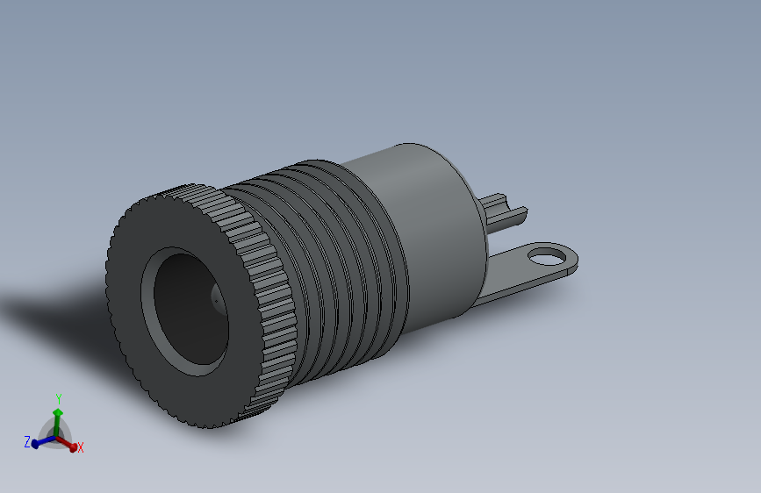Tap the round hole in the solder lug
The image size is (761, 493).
click(x=549, y=256)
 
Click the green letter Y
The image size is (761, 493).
click(x=58, y=397)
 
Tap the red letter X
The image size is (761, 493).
click(x=81, y=447)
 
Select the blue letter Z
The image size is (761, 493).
click(x=27, y=441)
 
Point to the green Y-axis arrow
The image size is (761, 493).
click(x=58, y=416)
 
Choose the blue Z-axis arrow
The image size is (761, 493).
click(x=40, y=442)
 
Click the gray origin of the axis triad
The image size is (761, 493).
click(x=57, y=433)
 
